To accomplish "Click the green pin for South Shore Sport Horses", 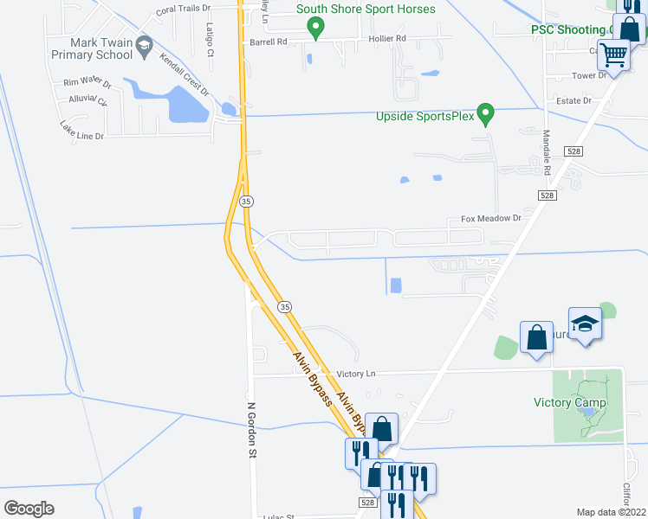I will pos(316,29).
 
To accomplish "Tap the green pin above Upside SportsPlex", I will pos(487,113).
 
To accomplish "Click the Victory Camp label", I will pos(570,402).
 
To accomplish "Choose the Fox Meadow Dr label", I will pos(491,219).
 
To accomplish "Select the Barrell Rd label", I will pos(268,41).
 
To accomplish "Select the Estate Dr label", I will pos(573,100).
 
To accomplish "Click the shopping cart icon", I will pos(614,56).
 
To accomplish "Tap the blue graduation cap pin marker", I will pos(585,324).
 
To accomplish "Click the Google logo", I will pos(29,508).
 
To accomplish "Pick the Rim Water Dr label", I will pos(87,83).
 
